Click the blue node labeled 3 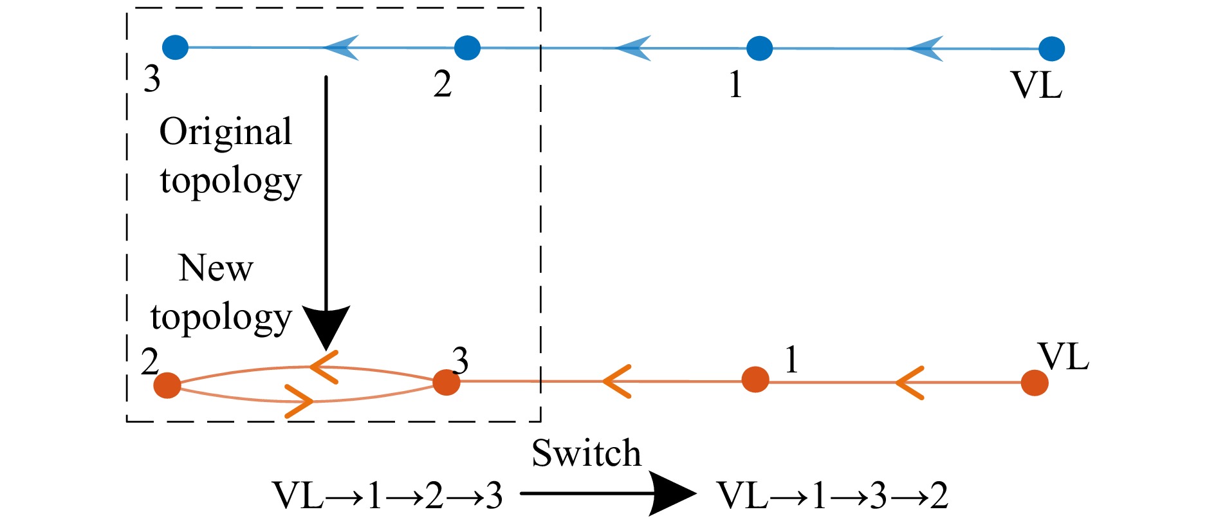click(x=175, y=47)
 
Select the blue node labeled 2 click(x=467, y=48)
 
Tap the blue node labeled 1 click(x=759, y=48)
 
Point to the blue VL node click(x=1051, y=49)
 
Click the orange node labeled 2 click(x=167, y=385)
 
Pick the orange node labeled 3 click(x=446, y=382)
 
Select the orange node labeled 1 click(x=755, y=380)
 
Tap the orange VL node click(x=1035, y=383)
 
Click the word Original click(x=226, y=133)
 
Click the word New click(x=216, y=268)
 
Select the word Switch click(x=586, y=453)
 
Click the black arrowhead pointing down click(x=326, y=326)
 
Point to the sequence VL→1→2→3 click(x=387, y=496)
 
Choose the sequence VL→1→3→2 click(x=832, y=496)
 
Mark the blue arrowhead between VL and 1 click(x=925, y=48)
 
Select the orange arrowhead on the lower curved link click(x=299, y=401)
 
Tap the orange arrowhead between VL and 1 click(x=909, y=383)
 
